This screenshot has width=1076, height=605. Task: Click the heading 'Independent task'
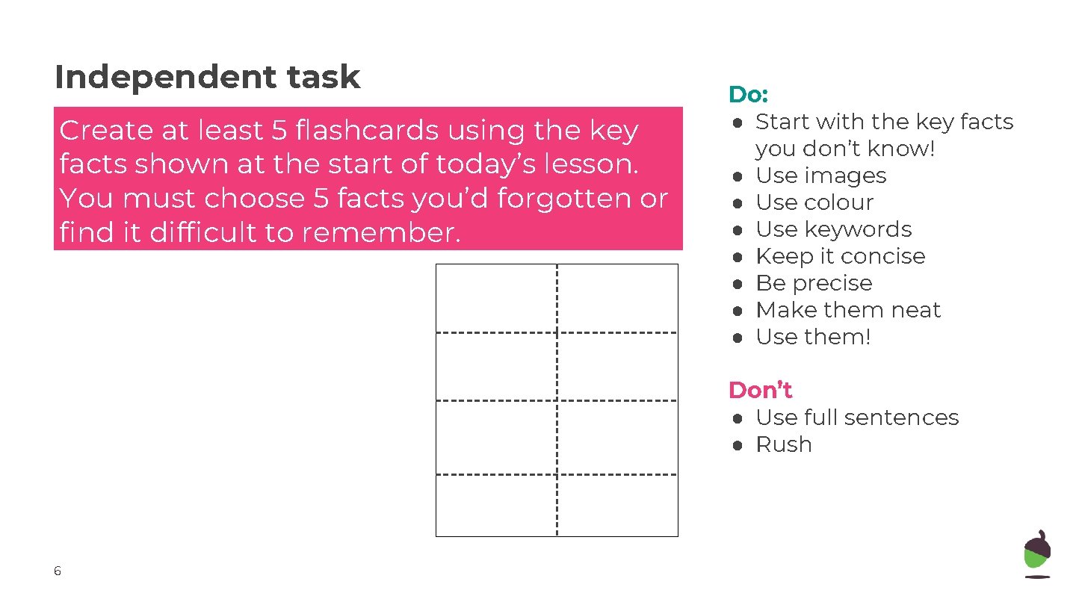[207, 77]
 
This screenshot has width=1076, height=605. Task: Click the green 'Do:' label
[748, 95]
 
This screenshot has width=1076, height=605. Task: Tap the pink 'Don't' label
[760, 390]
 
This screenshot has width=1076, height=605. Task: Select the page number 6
[58, 571]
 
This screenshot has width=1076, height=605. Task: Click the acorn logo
[1036, 554]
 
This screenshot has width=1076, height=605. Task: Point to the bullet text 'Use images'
[820, 176]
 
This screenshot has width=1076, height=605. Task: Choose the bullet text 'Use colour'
[814, 202]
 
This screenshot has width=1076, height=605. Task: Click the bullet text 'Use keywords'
[834, 229]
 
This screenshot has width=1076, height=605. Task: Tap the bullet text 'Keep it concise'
[841, 256]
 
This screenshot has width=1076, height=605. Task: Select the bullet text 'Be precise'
[814, 283]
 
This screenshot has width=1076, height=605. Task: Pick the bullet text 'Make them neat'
[848, 310]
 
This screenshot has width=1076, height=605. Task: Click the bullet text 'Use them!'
[813, 337]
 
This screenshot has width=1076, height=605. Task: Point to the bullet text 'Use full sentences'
[857, 418]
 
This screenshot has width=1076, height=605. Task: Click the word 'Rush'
[783, 444]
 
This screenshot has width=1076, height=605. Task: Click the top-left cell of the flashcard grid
[496, 298]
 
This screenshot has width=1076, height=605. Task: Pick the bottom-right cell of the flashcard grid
[618, 505]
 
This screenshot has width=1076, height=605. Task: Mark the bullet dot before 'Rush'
[737, 445]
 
